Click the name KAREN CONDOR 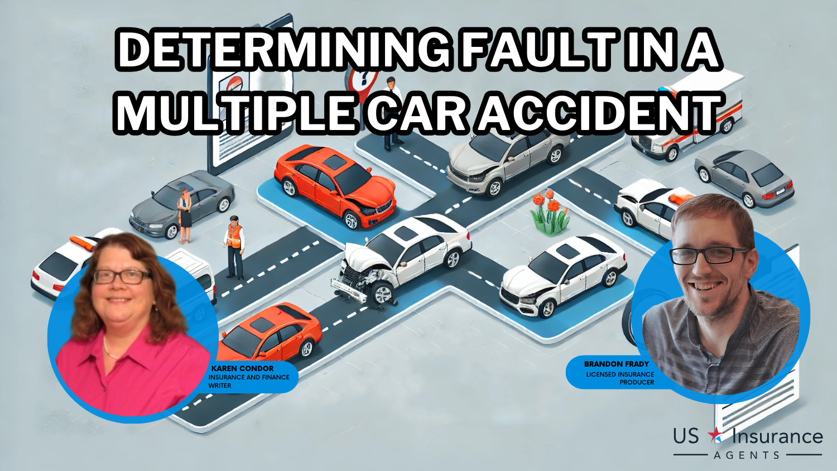point(242,368)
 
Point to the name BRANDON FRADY point(616,364)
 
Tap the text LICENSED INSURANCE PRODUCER point(620,378)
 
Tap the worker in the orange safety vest point(234,246)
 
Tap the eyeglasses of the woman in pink point(122,276)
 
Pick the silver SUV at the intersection point(505,159)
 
